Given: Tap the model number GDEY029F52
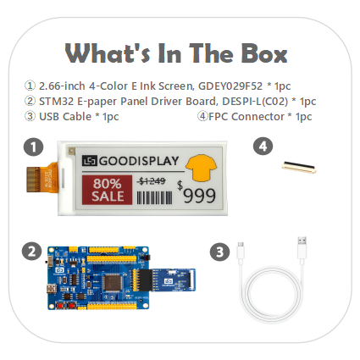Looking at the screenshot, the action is (x=230, y=86).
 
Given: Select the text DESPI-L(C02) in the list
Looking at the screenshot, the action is (x=255, y=101).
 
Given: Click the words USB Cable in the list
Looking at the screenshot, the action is (x=65, y=116).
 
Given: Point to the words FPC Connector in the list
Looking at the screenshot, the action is (x=246, y=116).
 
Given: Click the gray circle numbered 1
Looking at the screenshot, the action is (x=34, y=147).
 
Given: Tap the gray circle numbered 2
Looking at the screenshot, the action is (x=31, y=252).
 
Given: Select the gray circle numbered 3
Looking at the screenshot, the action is (x=220, y=252).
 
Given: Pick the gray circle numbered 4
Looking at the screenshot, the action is (x=263, y=147).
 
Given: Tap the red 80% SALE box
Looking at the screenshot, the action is (x=107, y=190).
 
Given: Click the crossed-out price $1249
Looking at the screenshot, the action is (x=152, y=181).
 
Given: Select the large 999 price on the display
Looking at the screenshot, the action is (x=200, y=196).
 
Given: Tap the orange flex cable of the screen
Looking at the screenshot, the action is (x=42, y=179).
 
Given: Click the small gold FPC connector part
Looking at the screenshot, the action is (x=299, y=167).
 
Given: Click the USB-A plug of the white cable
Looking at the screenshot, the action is (x=302, y=247).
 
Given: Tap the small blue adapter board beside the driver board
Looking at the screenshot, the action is (x=174, y=280).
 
